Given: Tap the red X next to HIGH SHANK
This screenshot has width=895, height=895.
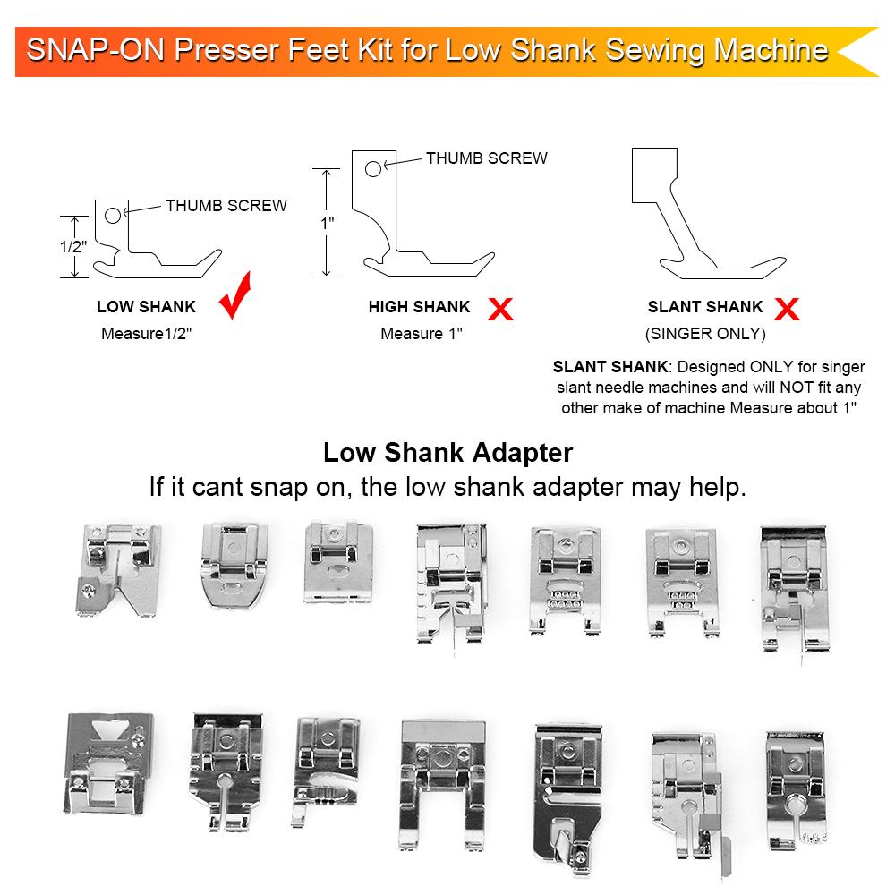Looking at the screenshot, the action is [x=500, y=309].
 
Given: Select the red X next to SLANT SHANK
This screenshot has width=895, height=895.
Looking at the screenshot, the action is [x=787, y=309].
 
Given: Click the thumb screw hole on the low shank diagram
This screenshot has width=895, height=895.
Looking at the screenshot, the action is [x=113, y=215].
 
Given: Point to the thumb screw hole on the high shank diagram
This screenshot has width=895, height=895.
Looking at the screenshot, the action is [x=372, y=169].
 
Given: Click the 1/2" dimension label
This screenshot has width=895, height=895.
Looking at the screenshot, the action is [x=73, y=247].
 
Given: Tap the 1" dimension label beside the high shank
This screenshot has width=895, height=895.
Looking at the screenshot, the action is [x=327, y=223].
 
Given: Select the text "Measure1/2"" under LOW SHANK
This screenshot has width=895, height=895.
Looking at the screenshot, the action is [x=146, y=333].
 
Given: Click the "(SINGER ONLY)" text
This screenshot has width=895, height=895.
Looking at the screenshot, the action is [x=705, y=333].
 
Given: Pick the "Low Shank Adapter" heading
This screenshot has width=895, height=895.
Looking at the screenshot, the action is [x=448, y=453].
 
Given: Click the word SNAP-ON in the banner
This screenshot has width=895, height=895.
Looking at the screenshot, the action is [x=95, y=49].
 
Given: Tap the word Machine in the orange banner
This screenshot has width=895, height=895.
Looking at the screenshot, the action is [x=771, y=49].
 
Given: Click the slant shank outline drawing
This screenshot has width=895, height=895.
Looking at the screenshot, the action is [x=708, y=214].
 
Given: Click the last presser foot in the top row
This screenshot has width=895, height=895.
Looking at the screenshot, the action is [x=795, y=591].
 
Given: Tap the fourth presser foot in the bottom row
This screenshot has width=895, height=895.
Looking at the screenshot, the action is [x=443, y=785].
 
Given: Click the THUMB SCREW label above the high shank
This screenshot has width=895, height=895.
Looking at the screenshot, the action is [x=487, y=158].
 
